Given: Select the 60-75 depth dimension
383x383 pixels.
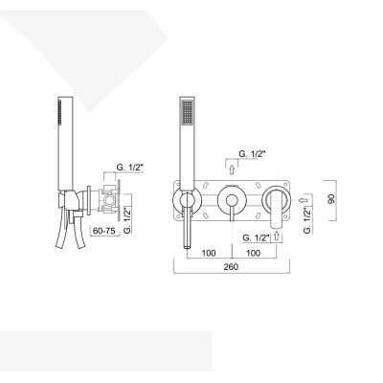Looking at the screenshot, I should (x=105, y=231).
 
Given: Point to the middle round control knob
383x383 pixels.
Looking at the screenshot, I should (x=230, y=201).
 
